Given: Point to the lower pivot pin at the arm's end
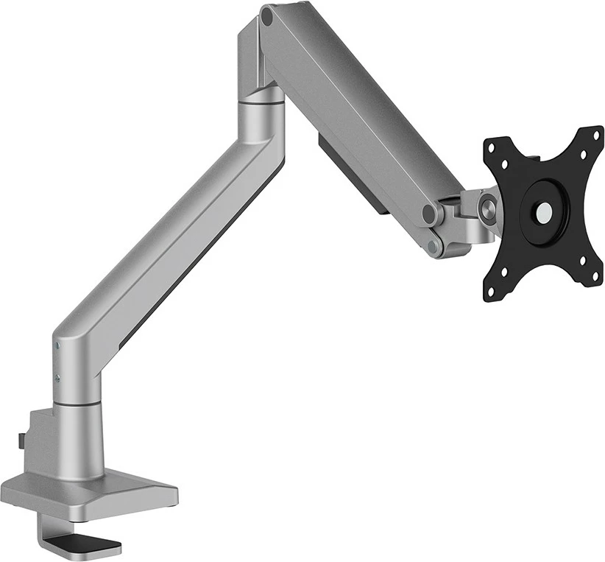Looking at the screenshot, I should click(435, 245).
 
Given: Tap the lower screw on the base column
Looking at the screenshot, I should click(57, 378).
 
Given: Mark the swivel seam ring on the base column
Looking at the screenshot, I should click(77, 403).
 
